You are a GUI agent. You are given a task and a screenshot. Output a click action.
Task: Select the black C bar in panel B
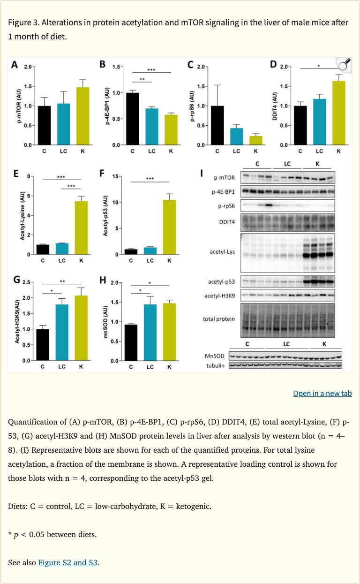[x=133, y=119]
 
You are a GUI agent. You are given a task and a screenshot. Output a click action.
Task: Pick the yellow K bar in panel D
[x=339, y=113]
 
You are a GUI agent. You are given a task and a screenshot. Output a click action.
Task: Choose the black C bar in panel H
[x=131, y=342]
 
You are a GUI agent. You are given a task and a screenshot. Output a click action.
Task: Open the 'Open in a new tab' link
[x=322, y=393]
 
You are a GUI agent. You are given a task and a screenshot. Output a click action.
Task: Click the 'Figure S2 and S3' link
[x=68, y=562]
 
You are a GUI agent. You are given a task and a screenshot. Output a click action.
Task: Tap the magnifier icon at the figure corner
[x=344, y=65]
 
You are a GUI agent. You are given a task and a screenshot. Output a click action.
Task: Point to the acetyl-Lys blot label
[x=223, y=252]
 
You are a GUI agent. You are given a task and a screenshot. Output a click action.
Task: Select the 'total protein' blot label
[x=219, y=319]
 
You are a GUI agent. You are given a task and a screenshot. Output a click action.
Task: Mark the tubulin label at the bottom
[x=216, y=365]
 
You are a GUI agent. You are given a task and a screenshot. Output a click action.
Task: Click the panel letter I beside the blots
[x=202, y=174]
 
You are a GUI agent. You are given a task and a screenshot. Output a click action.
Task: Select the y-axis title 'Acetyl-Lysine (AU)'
[x=22, y=216]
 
